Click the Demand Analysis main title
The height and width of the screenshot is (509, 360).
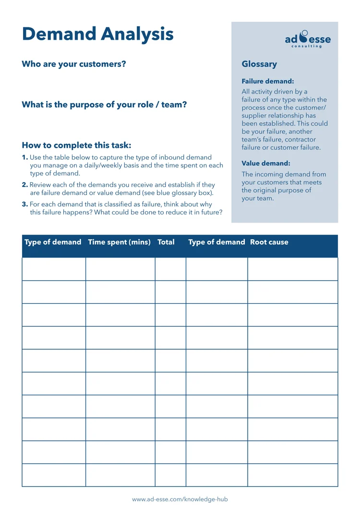coord(98,35)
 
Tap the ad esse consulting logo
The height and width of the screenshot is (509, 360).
coord(308,39)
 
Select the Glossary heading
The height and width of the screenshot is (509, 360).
coord(259,64)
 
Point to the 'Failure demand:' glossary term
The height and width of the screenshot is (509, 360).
coord(267,82)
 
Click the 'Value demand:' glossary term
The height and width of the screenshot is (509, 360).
coord(265,163)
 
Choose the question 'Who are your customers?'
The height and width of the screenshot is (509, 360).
coord(74,64)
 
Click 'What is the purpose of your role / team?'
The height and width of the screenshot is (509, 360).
coord(104,105)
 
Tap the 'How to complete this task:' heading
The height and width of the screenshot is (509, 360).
coord(76,145)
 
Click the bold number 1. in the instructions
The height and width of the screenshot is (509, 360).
coord(25,158)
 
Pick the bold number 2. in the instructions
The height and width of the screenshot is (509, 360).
coord(25,185)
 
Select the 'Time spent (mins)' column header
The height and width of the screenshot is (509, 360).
coord(119,242)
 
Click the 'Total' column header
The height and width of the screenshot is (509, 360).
coord(166,242)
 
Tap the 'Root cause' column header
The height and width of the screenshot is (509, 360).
coord(269,242)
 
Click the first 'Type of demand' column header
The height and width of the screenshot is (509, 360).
coord(53,242)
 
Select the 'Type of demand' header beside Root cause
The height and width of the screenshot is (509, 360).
coord(216,242)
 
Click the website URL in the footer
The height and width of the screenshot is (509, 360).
coord(180,499)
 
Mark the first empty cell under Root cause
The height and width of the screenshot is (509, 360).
coord(293,269)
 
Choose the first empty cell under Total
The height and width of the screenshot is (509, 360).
coord(170,269)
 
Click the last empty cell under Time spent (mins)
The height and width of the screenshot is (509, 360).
coord(120,475)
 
